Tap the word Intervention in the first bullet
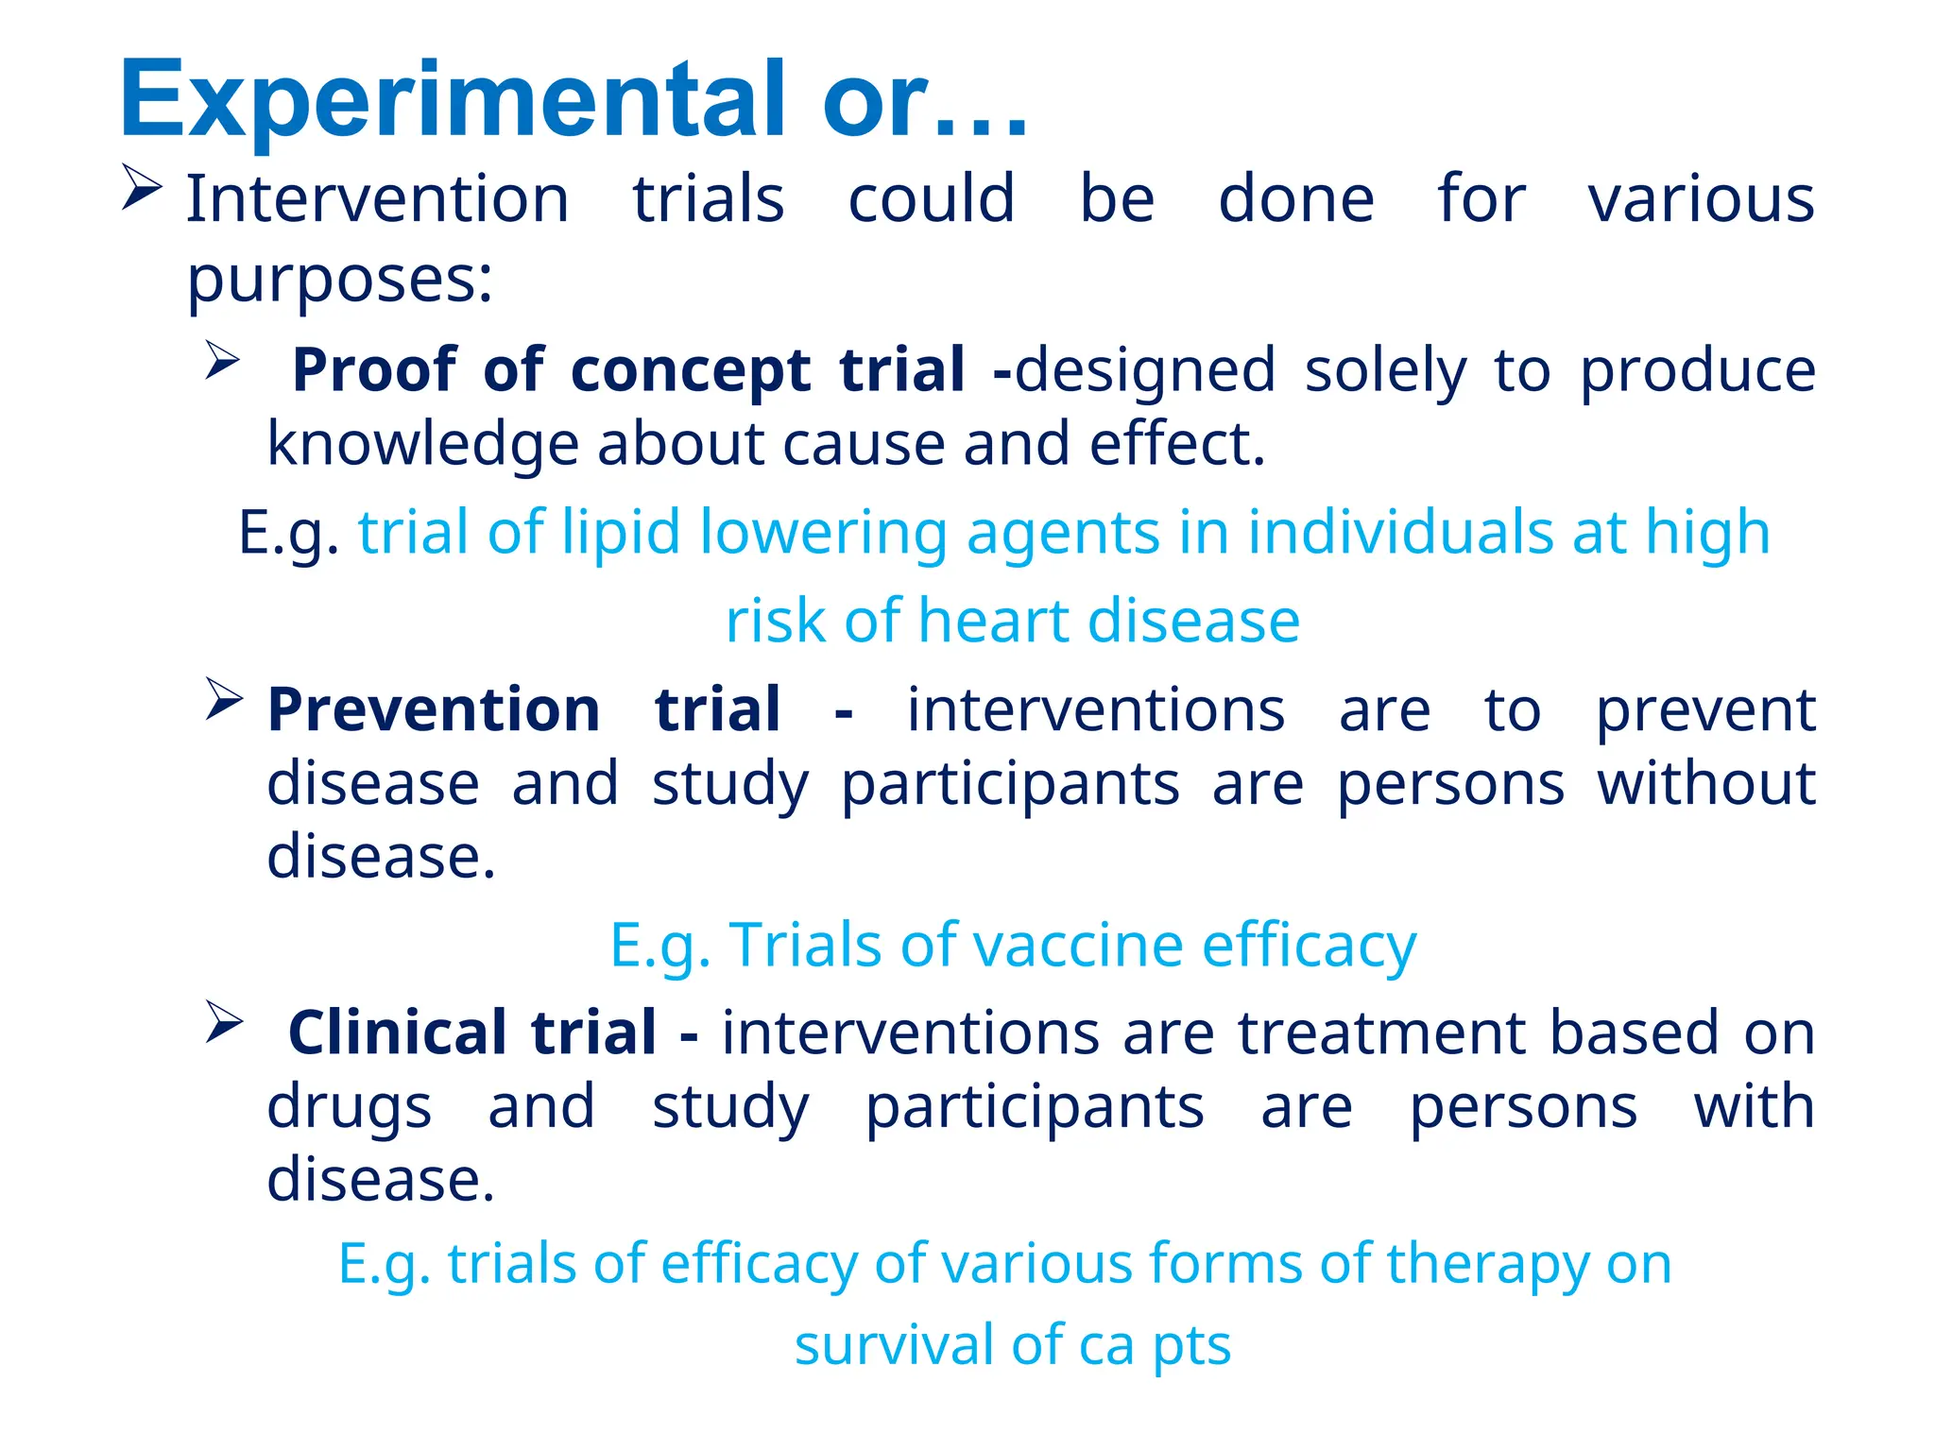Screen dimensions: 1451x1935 (378, 199)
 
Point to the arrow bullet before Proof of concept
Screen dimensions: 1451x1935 (223, 361)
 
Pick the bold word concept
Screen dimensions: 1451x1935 (691, 369)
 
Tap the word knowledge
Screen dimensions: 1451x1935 (422, 444)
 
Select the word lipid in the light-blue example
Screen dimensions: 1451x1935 (621, 532)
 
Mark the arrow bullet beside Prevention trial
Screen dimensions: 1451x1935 (224, 700)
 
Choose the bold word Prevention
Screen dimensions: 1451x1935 (434, 709)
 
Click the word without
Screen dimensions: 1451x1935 (1706, 783)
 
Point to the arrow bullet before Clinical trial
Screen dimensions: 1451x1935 (224, 1023)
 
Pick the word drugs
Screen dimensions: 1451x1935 (350, 1106)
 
